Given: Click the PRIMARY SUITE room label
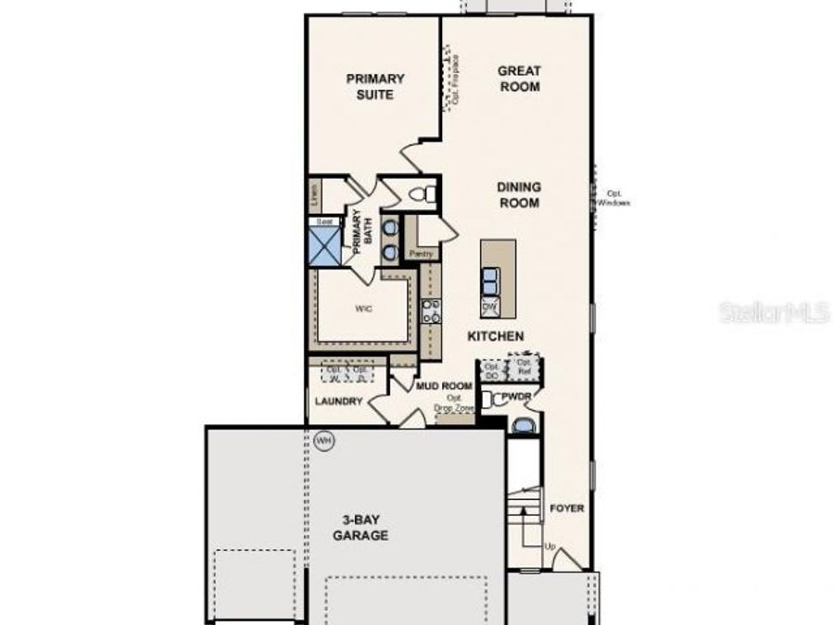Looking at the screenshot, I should click(x=375, y=87).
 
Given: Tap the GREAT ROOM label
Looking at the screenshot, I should click(x=519, y=79).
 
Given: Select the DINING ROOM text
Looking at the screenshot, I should click(x=519, y=194).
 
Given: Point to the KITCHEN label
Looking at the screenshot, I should click(x=496, y=337).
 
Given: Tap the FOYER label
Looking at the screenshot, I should click(x=567, y=508).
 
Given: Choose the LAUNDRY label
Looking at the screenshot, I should click(x=336, y=402).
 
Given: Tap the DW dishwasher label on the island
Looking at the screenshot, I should click(x=490, y=306).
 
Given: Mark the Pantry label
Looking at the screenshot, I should click(x=422, y=253).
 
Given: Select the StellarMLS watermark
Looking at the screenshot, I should click(x=774, y=313).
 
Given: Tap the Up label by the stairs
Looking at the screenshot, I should click(x=550, y=547).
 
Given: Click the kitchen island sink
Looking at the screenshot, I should click(x=490, y=278).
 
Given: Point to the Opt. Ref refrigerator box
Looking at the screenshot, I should click(x=524, y=368).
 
